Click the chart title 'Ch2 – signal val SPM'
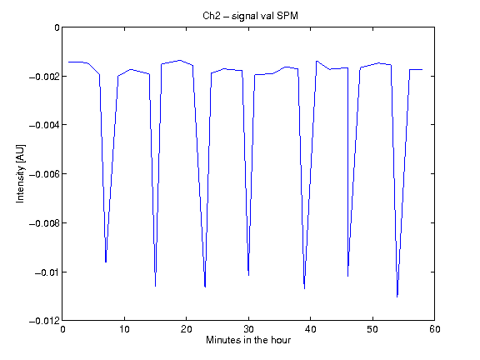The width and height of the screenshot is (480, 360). [x=250, y=16]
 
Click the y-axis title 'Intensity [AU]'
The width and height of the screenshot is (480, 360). [x=21, y=173]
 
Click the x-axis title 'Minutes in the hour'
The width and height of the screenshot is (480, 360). [x=248, y=340]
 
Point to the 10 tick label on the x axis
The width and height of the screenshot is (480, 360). [x=124, y=329]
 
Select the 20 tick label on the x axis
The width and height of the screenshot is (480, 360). [x=186, y=329]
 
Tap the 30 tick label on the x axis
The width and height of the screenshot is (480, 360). [x=248, y=329]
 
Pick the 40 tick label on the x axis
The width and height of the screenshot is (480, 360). [x=310, y=329]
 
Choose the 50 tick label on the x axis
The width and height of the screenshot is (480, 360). [x=372, y=329]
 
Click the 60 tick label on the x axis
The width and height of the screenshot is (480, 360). [x=435, y=329]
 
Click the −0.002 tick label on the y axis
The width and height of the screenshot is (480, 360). [x=44, y=76]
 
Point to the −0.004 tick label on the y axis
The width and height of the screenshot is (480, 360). [x=44, y=125]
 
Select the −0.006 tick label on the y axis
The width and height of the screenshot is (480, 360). [x=44, y=174]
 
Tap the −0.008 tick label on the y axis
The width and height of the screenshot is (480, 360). [x=44, y=223]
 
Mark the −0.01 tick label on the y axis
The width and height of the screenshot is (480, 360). [x=47, y=272]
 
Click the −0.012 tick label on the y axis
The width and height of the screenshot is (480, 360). [x=44, y=321]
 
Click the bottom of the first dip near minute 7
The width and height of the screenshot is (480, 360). [x=106, y=262]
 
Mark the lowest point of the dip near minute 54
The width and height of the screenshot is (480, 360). [x=397, y=297]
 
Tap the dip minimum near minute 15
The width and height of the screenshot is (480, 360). [x=156, y=286]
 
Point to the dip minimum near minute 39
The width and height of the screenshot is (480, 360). [x=304, y=288]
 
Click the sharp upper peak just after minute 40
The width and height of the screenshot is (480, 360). [x=317, y=61]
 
